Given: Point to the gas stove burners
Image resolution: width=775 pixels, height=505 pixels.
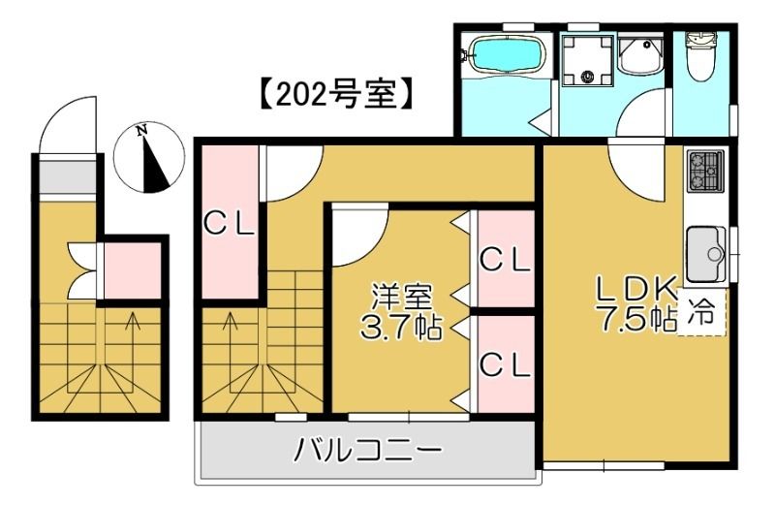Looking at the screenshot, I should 706,172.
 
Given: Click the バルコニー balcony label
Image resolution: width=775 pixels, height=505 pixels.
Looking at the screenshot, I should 367,451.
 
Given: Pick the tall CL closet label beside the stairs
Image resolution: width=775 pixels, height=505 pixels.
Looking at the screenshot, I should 229,223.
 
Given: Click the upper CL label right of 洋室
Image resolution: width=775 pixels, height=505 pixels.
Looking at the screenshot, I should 506,259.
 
